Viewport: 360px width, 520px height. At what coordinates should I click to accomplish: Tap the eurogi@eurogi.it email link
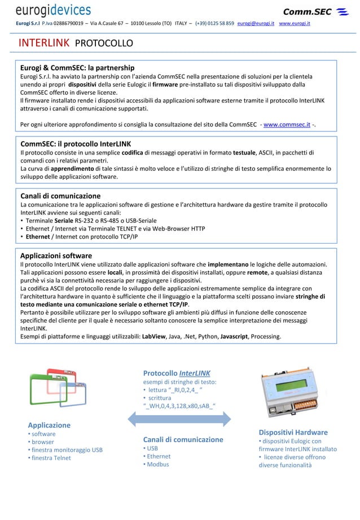pyautogui.click(x=256, y=24)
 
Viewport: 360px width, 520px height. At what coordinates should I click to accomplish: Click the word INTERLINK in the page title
pyautogui.click(x=44, y=43)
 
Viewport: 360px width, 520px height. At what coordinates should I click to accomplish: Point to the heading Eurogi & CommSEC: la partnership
pyautogui.click(x=77, y=67)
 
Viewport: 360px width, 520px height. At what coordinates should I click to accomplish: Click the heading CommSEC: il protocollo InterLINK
pyautogui.click(x=76, y=143)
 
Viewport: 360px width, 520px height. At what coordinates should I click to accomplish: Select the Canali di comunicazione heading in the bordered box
pyautogui.click(x=60, y=196)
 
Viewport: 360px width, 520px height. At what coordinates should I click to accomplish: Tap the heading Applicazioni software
pyautogui.click(x=56, y=255)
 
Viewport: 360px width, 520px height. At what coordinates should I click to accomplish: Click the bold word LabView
pyautogui.click(x=153, y=337)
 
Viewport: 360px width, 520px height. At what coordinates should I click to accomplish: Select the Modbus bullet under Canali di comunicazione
pyautogui.click(x=158, y=464)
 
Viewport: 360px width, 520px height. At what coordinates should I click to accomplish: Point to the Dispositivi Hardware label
pyautogui.click(x=292, y=433)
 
